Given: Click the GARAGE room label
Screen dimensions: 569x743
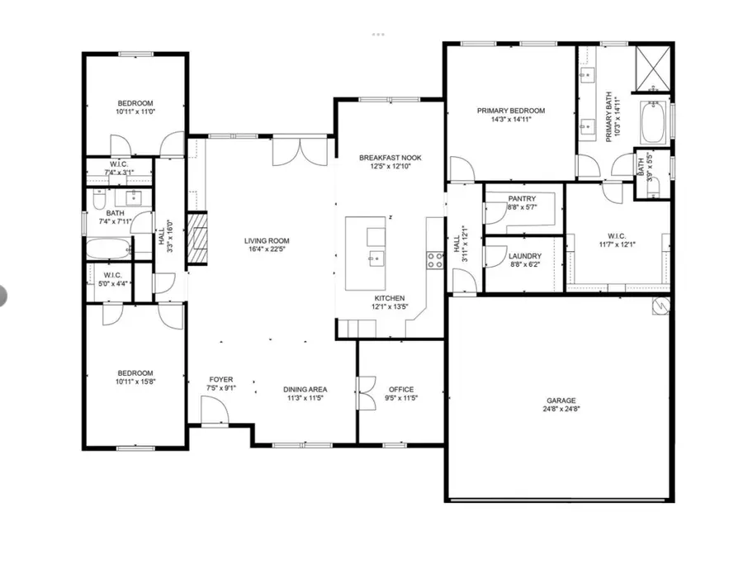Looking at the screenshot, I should coord(560,400).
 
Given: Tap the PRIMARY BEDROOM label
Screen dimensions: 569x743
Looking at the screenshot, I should coord(511,111).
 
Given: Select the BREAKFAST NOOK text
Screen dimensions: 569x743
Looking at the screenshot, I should coord(390,157).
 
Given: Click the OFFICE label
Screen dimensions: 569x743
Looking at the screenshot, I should coord(401,390).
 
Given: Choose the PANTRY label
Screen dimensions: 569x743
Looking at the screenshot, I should coord(522,199).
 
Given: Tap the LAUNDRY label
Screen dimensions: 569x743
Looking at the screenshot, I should coord(524,257).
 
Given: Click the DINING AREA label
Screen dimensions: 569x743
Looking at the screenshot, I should coord(305,390).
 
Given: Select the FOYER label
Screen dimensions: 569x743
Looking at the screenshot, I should coord(220,380).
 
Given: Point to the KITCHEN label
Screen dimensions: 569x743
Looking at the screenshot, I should coord(390,297).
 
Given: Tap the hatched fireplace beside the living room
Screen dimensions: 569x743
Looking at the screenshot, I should coord(197,238).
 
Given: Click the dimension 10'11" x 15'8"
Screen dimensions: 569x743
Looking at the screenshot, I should coord(135,382).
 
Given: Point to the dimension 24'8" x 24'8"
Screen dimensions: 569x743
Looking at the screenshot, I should coord(560,409).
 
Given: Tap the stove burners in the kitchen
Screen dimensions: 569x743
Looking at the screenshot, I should coord(433,260).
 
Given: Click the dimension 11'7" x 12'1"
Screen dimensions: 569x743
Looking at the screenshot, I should coord(618,244).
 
